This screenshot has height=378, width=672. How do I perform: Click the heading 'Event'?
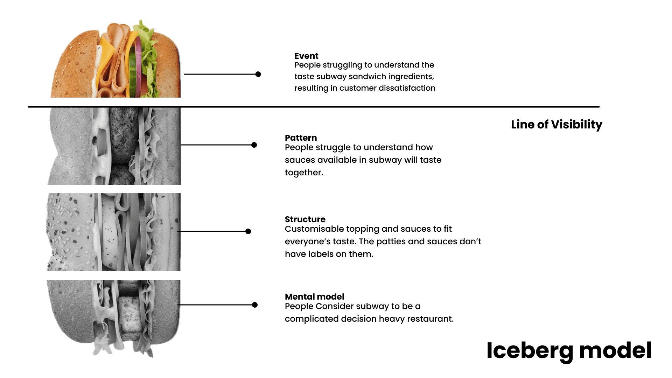(306, 56)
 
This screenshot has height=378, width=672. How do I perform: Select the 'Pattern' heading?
(301, 138)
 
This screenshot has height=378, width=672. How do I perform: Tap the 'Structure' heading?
(305, 219)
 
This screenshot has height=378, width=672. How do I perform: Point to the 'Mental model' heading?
(314, 297)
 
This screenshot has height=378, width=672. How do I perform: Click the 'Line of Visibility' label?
(556, 125)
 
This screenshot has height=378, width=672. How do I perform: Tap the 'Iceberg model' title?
(569, 351)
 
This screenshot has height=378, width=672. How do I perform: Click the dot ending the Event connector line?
(258, 74)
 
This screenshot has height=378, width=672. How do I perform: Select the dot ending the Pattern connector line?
(254, 145)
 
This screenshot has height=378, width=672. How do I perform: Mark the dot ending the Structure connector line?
(248, 231)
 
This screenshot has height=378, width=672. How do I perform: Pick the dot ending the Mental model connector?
(255, 305)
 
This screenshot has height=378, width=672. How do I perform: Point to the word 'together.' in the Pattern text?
(304, 173)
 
